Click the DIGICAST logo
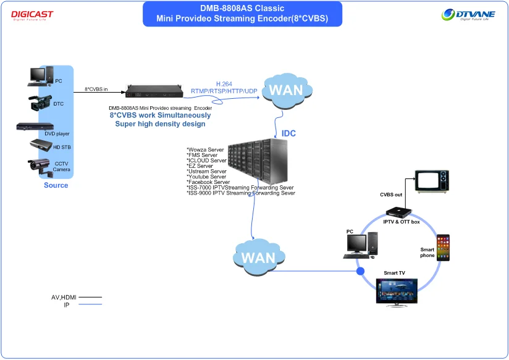click(x=32, y=15)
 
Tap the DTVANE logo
click(x=468, y=15)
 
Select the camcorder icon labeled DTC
click(x=40, y=103)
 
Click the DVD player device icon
click(x=35, y=126)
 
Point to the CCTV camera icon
click(x=40, y=167)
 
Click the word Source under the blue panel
click(x=56, y=185)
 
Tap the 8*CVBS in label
click(x=96, y=89)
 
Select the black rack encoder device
click(x=154, y=91)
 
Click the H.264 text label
click(x=224, y=84)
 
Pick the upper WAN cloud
click(x=287, y=91)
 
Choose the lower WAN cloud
click(x=259, y=257)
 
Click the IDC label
click(x=288, y=133)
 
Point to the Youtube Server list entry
click(x=206, y=177)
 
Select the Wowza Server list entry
click(x=205, y=149)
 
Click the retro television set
click(x=432, y=182)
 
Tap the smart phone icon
click(x=443, y=248)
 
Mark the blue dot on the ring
click(x=360, y=271)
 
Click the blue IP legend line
click(x=90, y=304)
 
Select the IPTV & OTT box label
click(x=402, y=222)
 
